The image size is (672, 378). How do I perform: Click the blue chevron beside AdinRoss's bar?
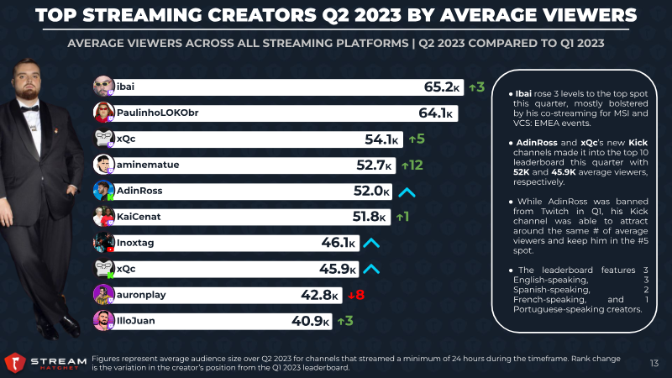pyautogui.click(x=407, y=192)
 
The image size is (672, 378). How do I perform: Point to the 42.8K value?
pyautogui.click(x=323, y=294)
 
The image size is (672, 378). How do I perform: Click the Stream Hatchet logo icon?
pyautogui.click(x=13, y=362)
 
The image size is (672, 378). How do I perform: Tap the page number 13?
pyautogui.click(x=654, y=363)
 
